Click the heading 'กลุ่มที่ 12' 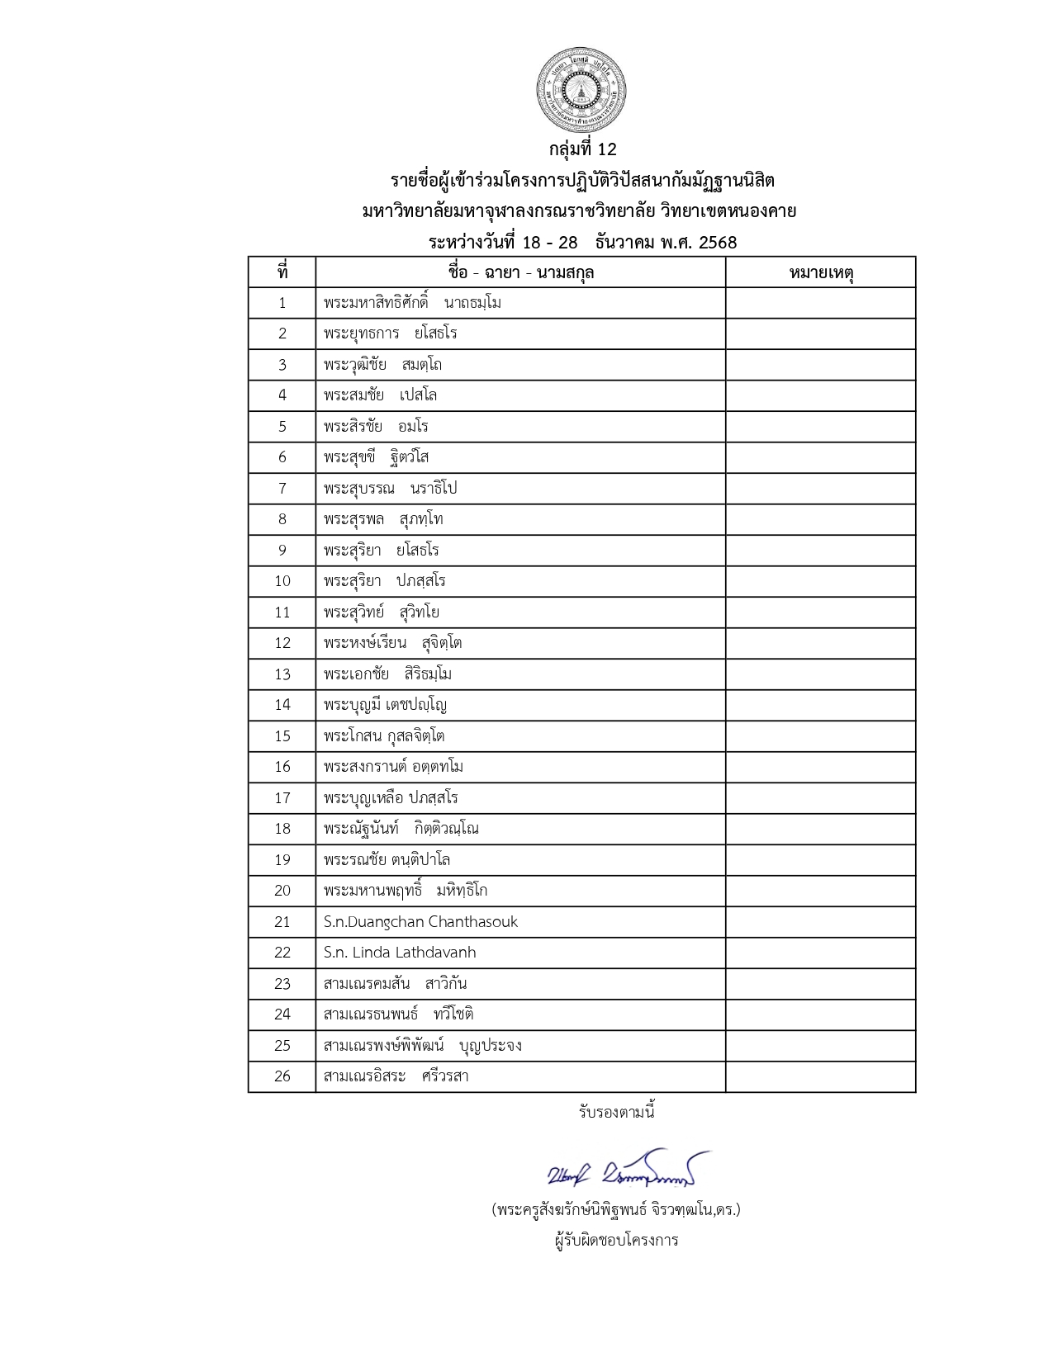(x=582, y=149)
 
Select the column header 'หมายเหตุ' (x=821, y=272)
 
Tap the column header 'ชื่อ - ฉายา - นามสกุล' (x=520, y=272)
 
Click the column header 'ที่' (x=282, y=272)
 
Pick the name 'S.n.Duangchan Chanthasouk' (x=420, y=921)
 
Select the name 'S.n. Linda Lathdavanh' (x=400, y=953)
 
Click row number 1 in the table (x=282, y=303)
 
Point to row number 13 (x=282, y=674)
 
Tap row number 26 (x=282, y=1076)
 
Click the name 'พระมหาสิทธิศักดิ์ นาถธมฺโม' (x=412, y=303)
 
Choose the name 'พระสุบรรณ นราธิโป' (x=390, y=489)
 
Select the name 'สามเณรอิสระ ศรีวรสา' (x=396, y=1076)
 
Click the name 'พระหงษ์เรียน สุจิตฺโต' (x=392, y=643)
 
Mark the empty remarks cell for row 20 (x=821, y=891)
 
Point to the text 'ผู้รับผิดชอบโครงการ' (x=616, y=1240)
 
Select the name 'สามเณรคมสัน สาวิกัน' (x=395, y=984)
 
